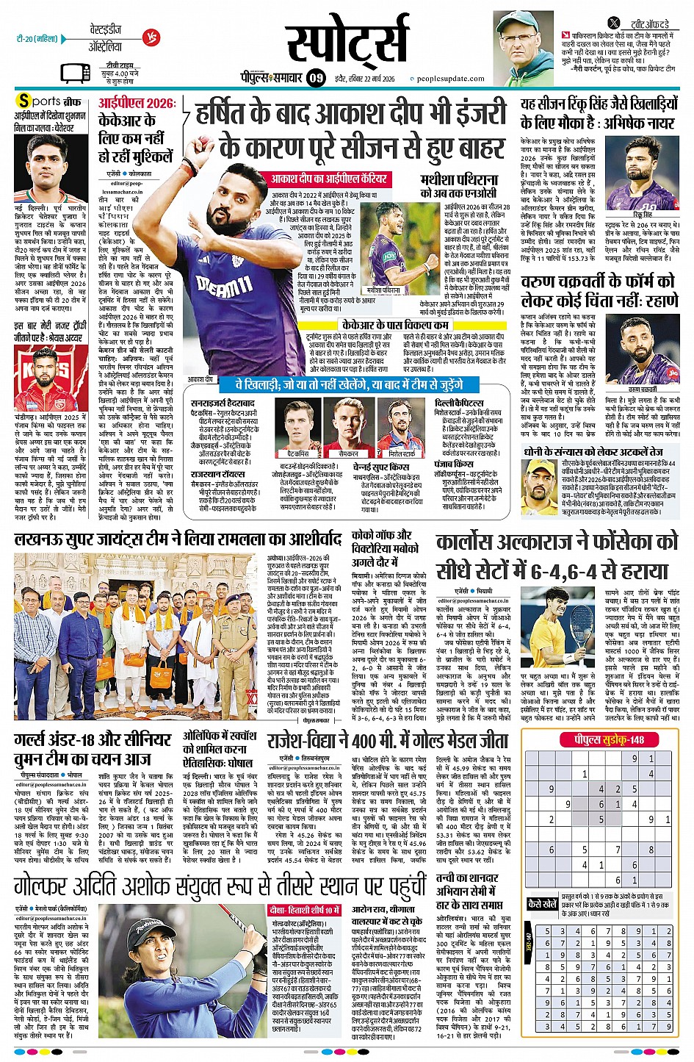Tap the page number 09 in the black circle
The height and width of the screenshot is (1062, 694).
(316, 78)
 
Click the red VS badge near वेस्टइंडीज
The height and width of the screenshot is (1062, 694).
(152, 36)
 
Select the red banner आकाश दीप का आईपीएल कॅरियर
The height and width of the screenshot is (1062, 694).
(328, 179)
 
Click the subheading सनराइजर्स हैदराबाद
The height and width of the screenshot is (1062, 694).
(223, 403)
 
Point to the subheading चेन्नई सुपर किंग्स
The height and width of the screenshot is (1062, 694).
(381, 467)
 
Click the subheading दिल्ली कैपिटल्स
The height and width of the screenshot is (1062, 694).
(459, 403)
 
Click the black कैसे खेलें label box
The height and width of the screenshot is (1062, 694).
(543, 903)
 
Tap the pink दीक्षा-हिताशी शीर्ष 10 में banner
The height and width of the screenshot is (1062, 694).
(304, 910)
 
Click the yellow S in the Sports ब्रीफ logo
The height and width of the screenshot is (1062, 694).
(24, 101)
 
